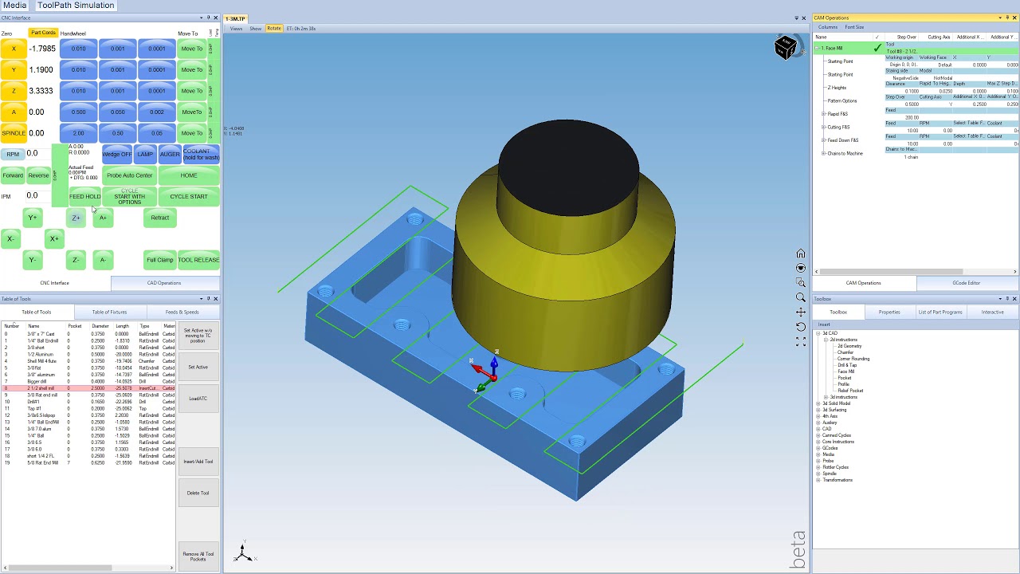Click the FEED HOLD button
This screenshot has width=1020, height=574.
pyautogui.click(x=84, y=196)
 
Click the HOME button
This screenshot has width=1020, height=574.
pyautogui.click(x=189, y=175)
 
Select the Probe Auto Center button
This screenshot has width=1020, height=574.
pyautogui.click(x=129, y=175)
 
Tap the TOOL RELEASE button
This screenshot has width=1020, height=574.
pyautogui.click(x=198, y=260)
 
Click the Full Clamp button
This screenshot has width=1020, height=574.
pyautogui.click(x=159, y=260)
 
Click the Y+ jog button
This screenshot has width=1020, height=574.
pyautogui.click(x=33, y=218)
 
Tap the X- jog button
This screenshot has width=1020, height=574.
pyautogui.click(x=10, y=238)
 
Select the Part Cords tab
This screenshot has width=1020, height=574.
pyautogui.click(x=43, y=33)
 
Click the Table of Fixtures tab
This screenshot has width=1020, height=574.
pyautogui.click(x=109, y=312)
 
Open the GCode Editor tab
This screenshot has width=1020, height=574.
pyautogui.click(x=966, y=283)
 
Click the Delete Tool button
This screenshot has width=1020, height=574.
pyautogui.click(x=198, y=493)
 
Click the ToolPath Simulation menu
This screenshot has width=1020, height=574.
pyautogui.click(x=76, y=6)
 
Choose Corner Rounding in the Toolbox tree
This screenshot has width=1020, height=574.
pyautogui.click(x=853, y=359)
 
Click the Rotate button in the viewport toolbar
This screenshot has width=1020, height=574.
pyautogui.click(x=274, y=29)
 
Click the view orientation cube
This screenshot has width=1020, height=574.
pyautogui.click(x=785, y=48)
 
